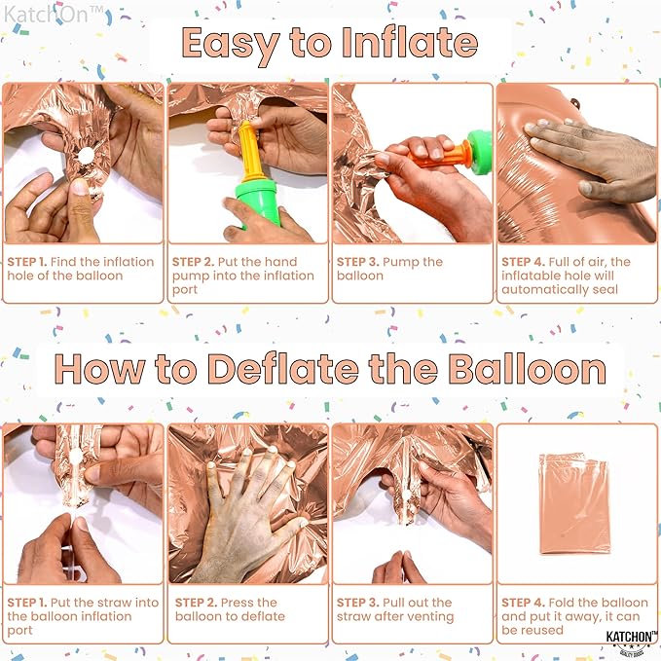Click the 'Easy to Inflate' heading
329,44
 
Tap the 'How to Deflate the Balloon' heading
330,369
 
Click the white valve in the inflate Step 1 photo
84,156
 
